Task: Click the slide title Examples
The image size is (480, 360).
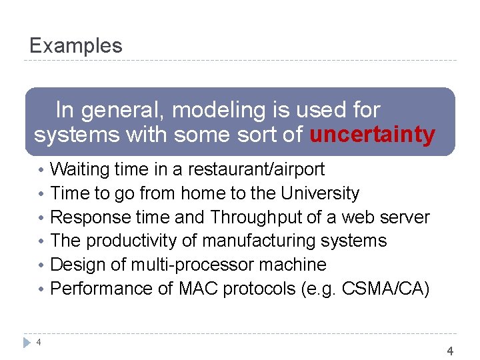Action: coord(76,45)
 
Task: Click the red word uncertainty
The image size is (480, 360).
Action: coord(372,135)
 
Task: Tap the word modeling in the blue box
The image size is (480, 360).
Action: coord(212,109)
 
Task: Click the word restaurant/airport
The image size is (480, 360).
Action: coord(256,169)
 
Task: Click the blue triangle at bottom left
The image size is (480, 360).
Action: coord(27,343)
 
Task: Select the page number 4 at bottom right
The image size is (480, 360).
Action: coord(450,351)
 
